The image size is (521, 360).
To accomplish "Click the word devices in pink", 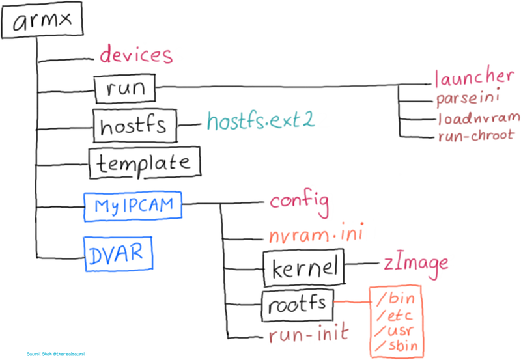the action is (136, 55).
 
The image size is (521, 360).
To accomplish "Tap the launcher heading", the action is (478, 77).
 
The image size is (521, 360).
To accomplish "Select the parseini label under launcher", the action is (467, 99).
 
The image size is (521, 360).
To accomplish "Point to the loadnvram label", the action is (479, 118).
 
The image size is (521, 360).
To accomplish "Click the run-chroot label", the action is (476, 135).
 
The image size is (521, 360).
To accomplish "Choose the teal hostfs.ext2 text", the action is (260, 121).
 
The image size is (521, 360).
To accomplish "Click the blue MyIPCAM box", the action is (134, 206).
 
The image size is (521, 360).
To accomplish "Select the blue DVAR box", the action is (118, 253).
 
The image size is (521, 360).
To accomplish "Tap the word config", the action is (300, 202).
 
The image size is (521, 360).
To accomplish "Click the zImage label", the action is (415, 262).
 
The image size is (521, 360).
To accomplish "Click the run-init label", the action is (309, 335).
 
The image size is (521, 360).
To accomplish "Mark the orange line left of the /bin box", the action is (351, 302).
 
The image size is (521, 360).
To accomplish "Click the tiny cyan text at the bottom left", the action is (56, 354).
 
